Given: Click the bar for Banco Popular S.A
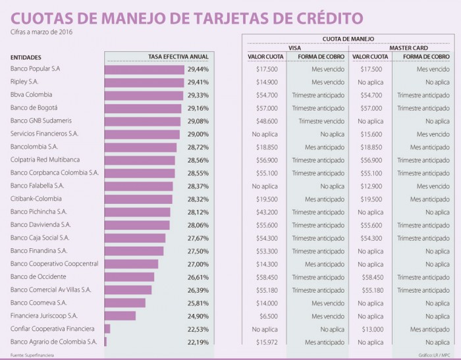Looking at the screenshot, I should tap(144, 69).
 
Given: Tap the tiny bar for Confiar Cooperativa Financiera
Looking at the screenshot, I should tap(107, 329).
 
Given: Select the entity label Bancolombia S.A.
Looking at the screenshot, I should tap(34, 147).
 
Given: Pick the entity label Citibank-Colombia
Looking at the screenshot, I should tap(36, 199).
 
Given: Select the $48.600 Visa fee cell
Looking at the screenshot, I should tap(267, 121).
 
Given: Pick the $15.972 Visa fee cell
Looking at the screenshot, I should tap(267, 342).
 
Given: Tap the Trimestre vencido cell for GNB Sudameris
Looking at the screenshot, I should tap(321, 121).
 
